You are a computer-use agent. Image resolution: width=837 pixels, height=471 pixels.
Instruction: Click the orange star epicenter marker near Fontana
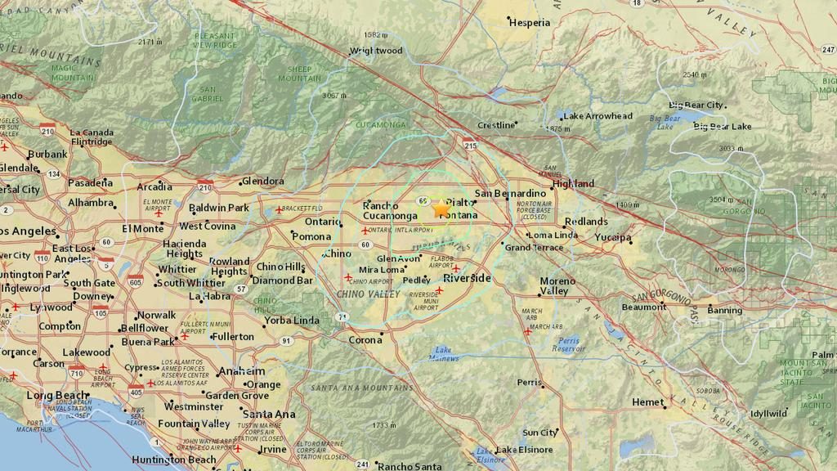[x=441, y=209]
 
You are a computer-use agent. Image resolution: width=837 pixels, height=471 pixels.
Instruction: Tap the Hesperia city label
[x=530, y=23]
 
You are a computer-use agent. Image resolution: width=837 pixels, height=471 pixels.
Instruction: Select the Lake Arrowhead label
[x=598, y=116]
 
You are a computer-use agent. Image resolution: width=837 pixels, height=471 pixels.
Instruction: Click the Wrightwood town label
[x=376, y=51]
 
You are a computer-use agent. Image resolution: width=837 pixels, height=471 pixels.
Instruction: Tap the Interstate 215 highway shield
[x=470, y=145]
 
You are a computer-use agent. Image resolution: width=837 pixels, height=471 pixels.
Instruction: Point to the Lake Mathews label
[x=444, y=352]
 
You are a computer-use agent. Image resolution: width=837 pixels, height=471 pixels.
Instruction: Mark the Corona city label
[x=365, y=340]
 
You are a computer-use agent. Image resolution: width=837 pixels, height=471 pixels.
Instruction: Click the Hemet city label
[x=647, y=402]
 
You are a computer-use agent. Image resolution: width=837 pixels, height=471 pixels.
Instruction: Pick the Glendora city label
[x=263, y=182]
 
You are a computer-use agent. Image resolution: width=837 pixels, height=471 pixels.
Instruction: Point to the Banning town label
[x=724, y=311]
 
